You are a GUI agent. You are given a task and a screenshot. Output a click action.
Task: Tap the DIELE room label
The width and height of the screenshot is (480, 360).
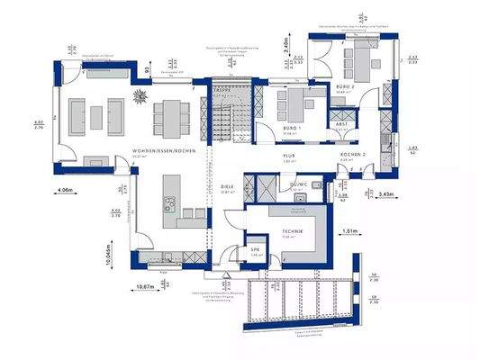click(228, 185)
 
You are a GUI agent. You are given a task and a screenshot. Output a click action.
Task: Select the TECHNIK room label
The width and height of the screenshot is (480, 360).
click(292, 231)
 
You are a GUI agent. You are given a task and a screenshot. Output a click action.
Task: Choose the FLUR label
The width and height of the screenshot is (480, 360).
click(291, 157)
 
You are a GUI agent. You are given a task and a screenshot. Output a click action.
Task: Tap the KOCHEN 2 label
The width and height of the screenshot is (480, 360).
click(353, 156)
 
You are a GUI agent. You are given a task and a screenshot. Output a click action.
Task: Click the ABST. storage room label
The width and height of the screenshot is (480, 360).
click(342, 125)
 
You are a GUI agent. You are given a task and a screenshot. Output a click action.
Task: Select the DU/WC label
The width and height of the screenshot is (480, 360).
click(299, 184)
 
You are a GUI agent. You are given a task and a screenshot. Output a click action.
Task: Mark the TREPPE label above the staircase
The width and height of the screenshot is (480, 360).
click(222, 92)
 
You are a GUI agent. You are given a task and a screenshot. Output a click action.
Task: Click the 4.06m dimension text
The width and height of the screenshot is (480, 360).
click(65, 191)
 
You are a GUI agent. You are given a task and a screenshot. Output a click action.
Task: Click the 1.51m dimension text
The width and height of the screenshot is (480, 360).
click(354, 230)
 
